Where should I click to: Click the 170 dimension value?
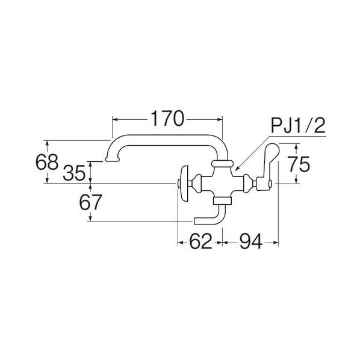pyautogui.click(x=167, y=119)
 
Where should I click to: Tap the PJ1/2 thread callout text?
pyautogui.click(x=298, y=126)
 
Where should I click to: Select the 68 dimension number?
pyautogui.click(x=47, y=162)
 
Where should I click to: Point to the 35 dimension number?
pyautogui.click(x=74, y=173)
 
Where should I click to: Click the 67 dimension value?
pyautogui.click(x=90, y=202)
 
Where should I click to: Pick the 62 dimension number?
pyautogui.click(x=200, y=241)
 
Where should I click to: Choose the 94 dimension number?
pyautogui.click(x=250, y=241)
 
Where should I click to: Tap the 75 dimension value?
pyautogui.click(x=299, y=164)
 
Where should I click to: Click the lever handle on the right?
pyautogui.click(x=266, y=167)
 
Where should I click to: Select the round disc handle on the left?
pyautogui.click(x=184, y=184)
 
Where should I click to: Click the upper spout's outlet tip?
pyautogui.click(x=112, y=159)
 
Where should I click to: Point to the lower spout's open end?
pyautogui.click(x=195, y=221)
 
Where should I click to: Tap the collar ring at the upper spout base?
pyautogui.click(x=222, y=164)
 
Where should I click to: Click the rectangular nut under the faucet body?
pyautogui.click(x=222, y=200)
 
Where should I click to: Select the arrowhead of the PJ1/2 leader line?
pyautogui.click(x=237, y=169)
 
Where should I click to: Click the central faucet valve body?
pyautogui.click(x=222, y=182)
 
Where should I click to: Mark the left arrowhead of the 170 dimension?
pyautogui.click(x=114, y=119)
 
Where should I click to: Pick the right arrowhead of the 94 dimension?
pyautogui.click(x=276, y=242)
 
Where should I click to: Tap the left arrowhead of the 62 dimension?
pyautogui.click(x=181, y=242)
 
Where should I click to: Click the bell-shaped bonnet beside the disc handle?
pyautogui.click(x=197, y=183)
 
